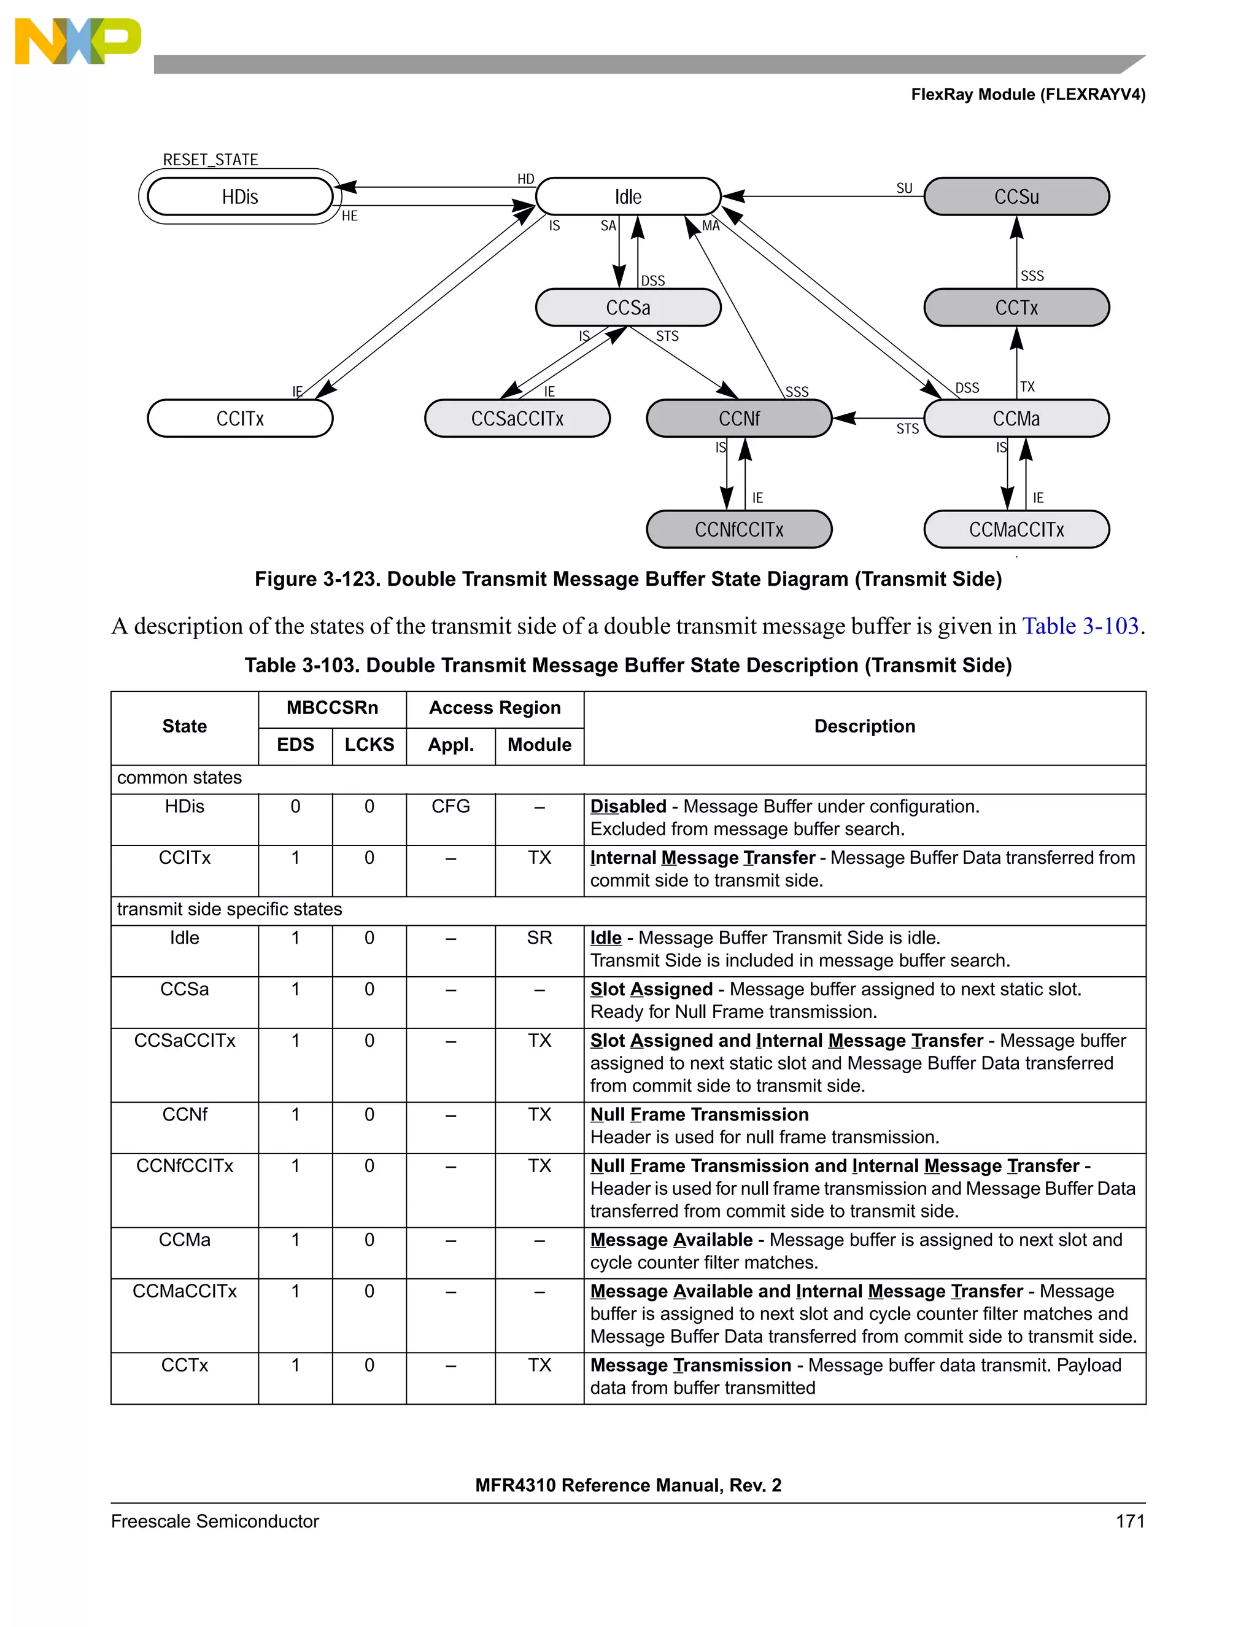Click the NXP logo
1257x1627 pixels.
[77, 41]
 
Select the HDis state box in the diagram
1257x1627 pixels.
[240, 196]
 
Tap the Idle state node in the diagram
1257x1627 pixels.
[628, 196]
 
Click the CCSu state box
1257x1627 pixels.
[1016, 196]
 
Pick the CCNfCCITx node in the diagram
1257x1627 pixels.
[739, 530]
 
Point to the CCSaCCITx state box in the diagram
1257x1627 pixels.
[517, 419]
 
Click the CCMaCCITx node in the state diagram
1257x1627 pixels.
[1016, 530]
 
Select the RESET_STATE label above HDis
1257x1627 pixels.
[210, 160]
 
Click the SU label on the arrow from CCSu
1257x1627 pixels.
[904, 188]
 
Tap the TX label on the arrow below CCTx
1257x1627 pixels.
[1027, 387]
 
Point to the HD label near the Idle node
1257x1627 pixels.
[526, 179]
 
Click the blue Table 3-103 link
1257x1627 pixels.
[1080, 626]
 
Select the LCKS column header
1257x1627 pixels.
[369, 745]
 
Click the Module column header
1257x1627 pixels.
[539, 745]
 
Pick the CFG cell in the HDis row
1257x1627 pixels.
[451, 807]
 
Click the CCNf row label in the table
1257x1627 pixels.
[185, 1114]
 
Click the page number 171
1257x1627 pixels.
[1130, 1521]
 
